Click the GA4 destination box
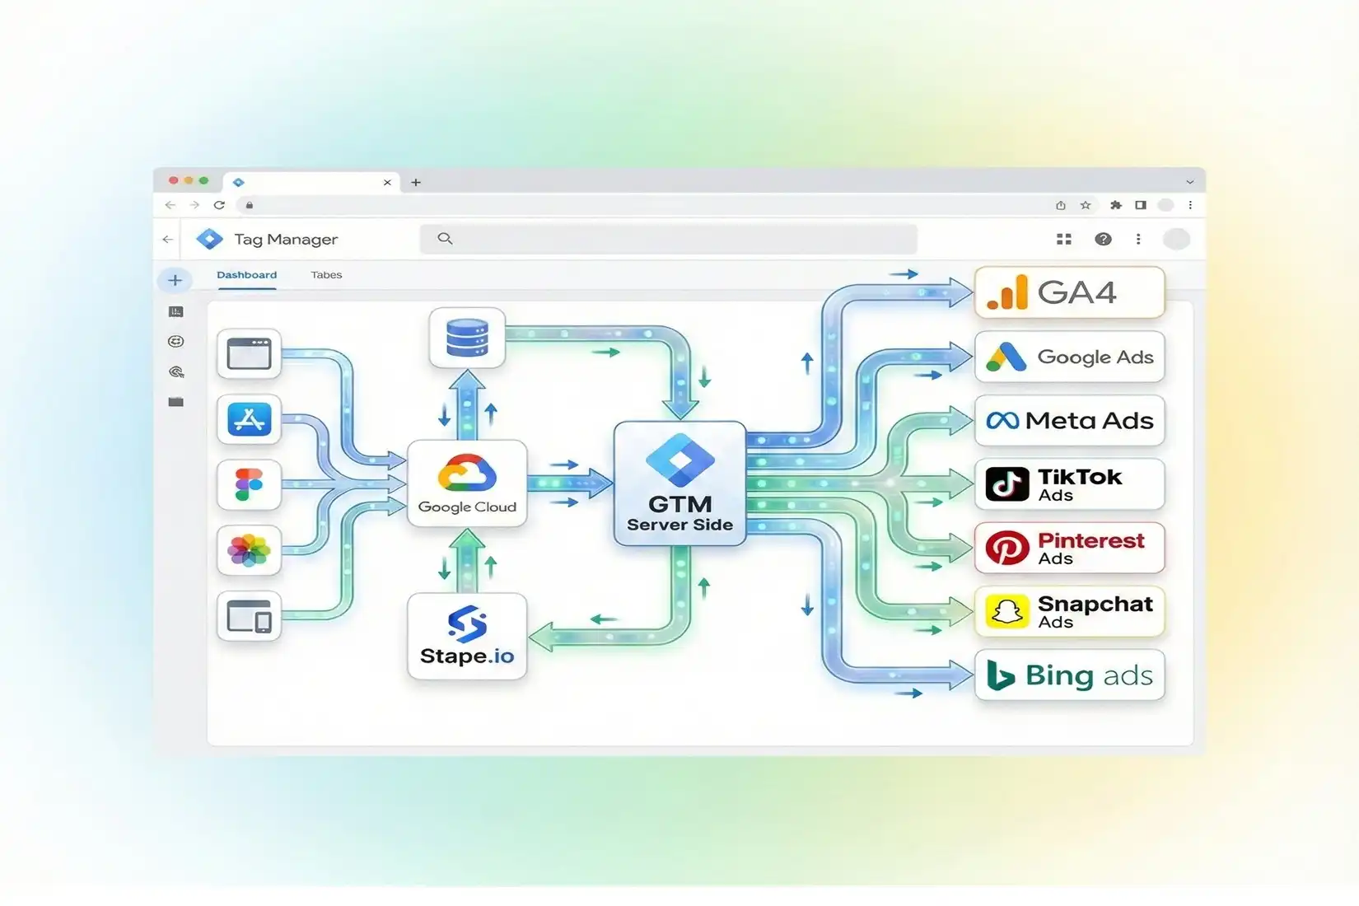[1069, 292]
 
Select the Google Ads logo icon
[1006, 357]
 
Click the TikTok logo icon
[1007, 483]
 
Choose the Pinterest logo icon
[1007, 548]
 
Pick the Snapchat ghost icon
[1007, 612]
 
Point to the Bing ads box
[1069, 675]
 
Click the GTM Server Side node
[679, 483]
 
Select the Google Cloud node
[466, 483]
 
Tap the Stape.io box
[466, 636]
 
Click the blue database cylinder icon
[466, 338]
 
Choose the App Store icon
[249, 419]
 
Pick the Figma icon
[249, 484]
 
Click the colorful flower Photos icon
[249, 550]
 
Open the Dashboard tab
[246, 275]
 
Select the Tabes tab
[326, 275]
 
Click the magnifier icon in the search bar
[446, 239]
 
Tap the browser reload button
[219, 205]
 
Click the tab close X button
[387, 183]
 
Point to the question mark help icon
[1103, 239]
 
